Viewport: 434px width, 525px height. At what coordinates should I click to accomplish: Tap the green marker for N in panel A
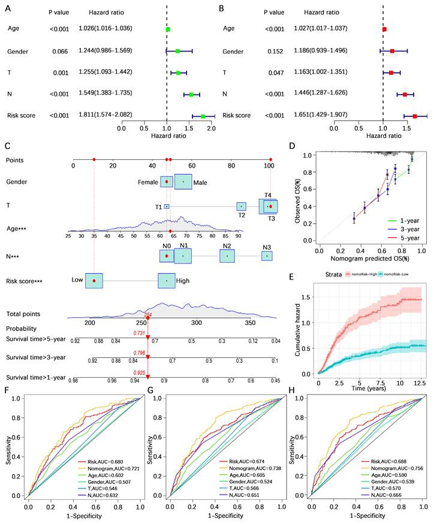tap(191, 95)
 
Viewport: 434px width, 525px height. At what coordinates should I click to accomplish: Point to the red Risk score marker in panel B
tap(415, 116)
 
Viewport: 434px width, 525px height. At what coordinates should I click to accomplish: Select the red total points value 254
tap(147, 314)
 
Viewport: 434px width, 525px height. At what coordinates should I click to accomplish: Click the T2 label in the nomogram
tap(241, 215)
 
